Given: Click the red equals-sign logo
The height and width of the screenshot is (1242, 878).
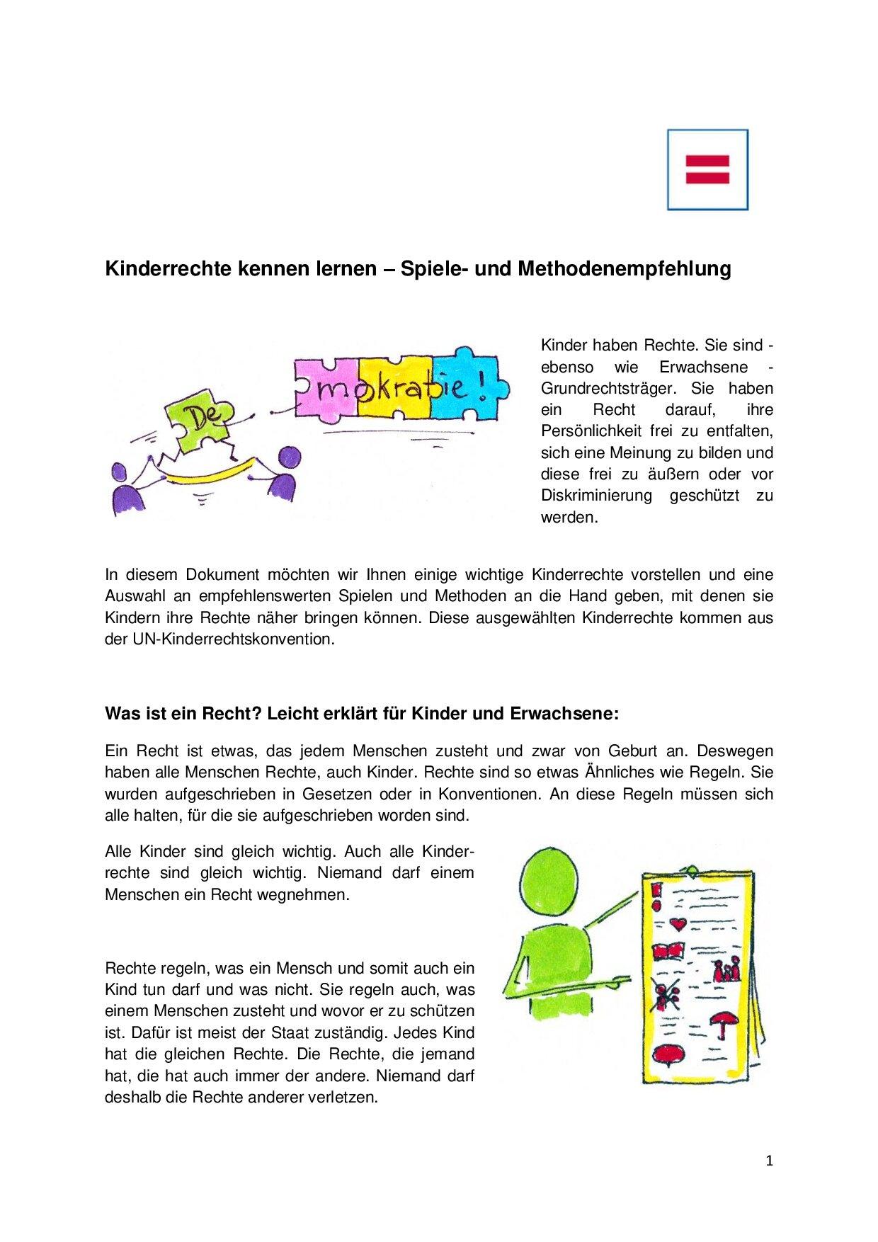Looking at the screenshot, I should tap(707, 169).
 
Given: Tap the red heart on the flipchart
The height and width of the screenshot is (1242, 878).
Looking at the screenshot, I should tap(680, 924).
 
